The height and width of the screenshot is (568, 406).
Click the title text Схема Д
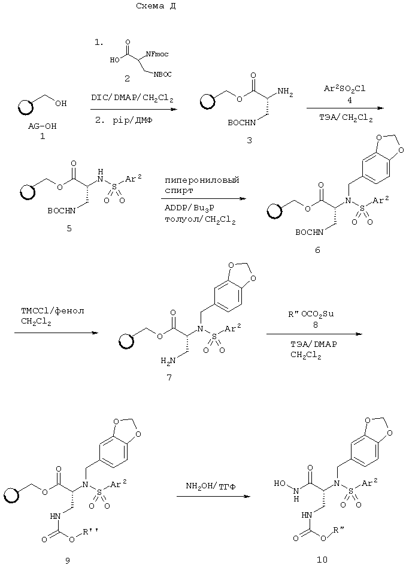click(156, 6)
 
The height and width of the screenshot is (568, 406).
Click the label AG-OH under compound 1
click(42, 126)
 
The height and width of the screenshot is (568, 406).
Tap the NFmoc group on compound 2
click(157, 55)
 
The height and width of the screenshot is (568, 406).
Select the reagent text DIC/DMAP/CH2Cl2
click(132, 98)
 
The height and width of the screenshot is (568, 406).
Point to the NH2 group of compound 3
click(286, 93)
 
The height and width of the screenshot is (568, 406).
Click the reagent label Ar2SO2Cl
click(344, 88)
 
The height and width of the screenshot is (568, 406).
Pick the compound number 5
click(69, 228)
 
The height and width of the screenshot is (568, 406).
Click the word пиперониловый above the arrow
click(202, 180)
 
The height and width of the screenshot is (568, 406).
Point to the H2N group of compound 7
click(168, 360)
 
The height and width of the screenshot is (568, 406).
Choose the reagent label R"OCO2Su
click(311, 315)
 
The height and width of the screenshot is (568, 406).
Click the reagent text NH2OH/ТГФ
click(211, 486)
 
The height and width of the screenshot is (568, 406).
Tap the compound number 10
click(322, 560)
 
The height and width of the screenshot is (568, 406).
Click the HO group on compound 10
click(279, 484)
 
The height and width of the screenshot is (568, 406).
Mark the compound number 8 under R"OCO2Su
click(315, 325)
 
